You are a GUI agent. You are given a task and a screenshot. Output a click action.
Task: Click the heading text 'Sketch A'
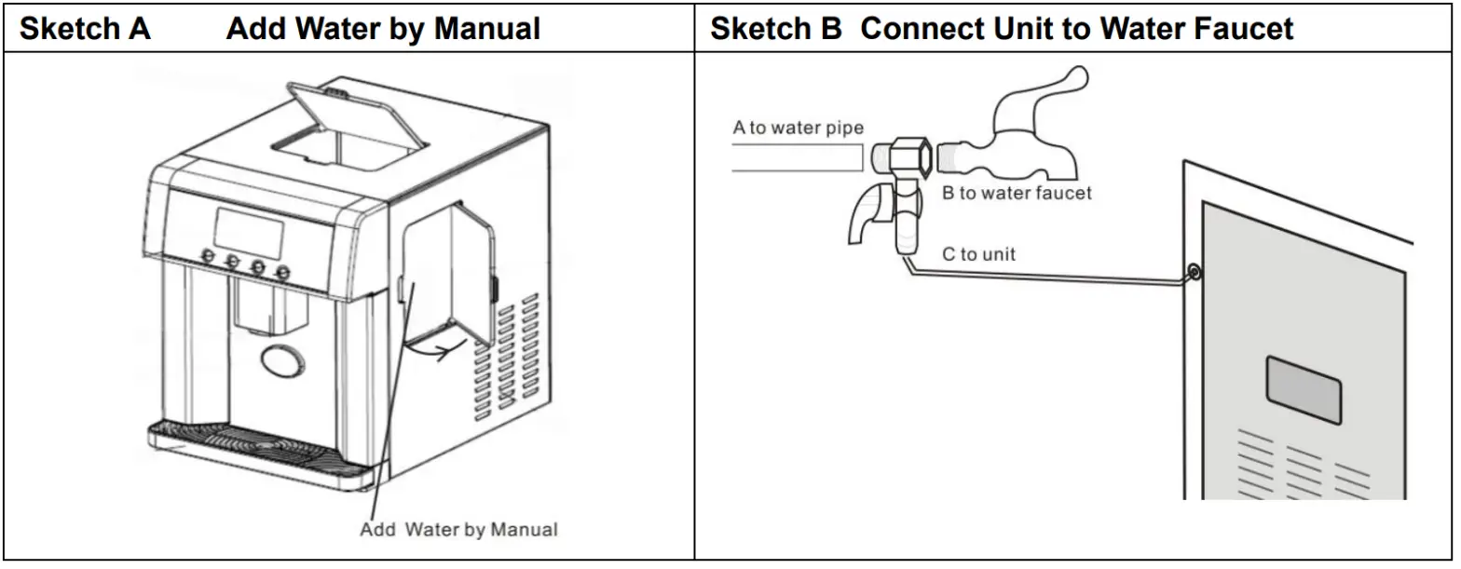(85, 29)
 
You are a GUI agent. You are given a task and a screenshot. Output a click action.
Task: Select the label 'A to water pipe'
(798, 128)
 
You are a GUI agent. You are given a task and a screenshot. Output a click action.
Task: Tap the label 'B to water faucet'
(1017, 194)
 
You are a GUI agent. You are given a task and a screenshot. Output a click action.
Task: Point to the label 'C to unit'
(979, 253)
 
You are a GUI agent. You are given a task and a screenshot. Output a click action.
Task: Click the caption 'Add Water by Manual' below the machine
(458, 530)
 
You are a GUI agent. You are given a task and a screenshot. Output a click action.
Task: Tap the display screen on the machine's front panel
(249, 232)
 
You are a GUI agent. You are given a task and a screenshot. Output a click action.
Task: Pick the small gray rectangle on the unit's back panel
(1303, 387)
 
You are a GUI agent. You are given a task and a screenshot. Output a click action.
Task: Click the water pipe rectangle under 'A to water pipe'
(797, 157)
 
